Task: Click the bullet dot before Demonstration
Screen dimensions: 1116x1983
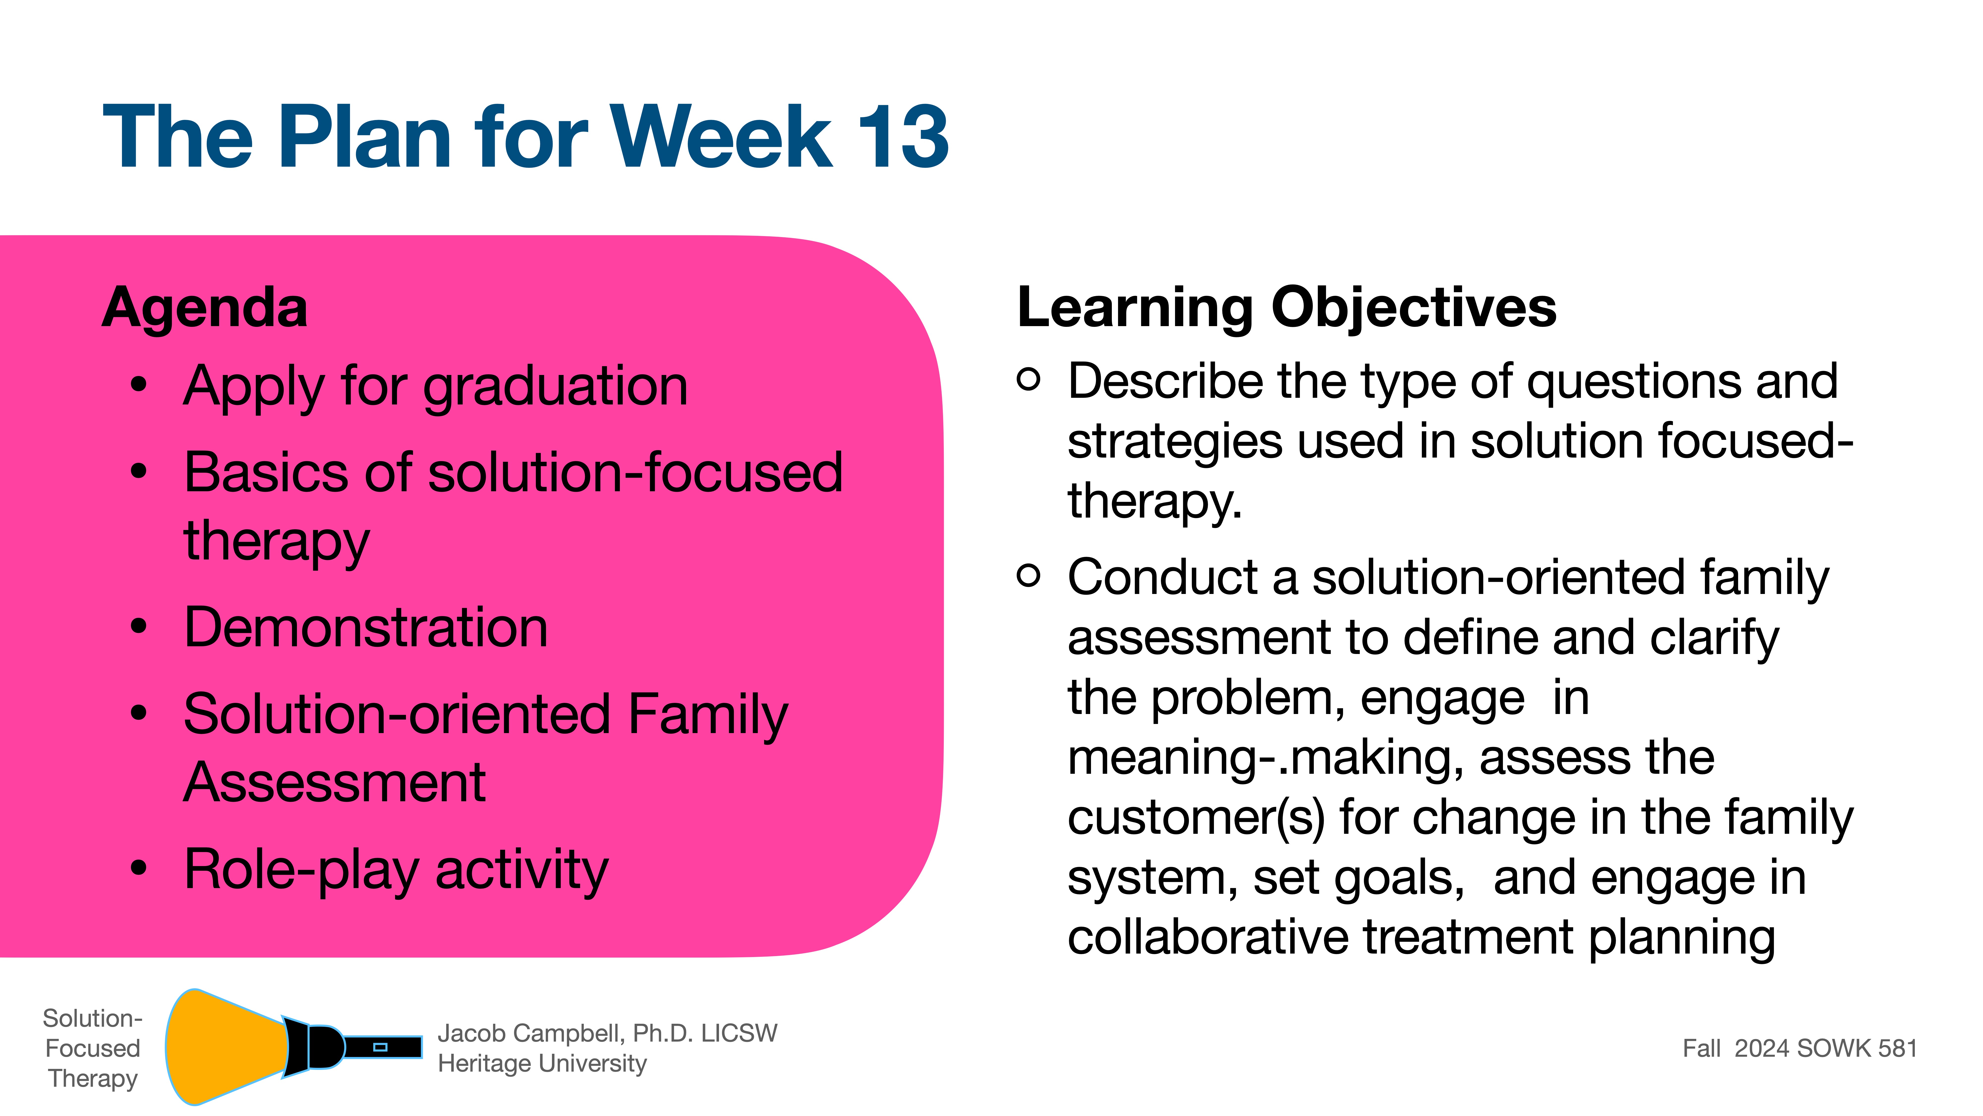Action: point(139,626)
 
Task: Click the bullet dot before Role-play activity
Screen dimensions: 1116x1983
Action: point(139,868)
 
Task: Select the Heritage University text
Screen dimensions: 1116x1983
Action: point(542,1064)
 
